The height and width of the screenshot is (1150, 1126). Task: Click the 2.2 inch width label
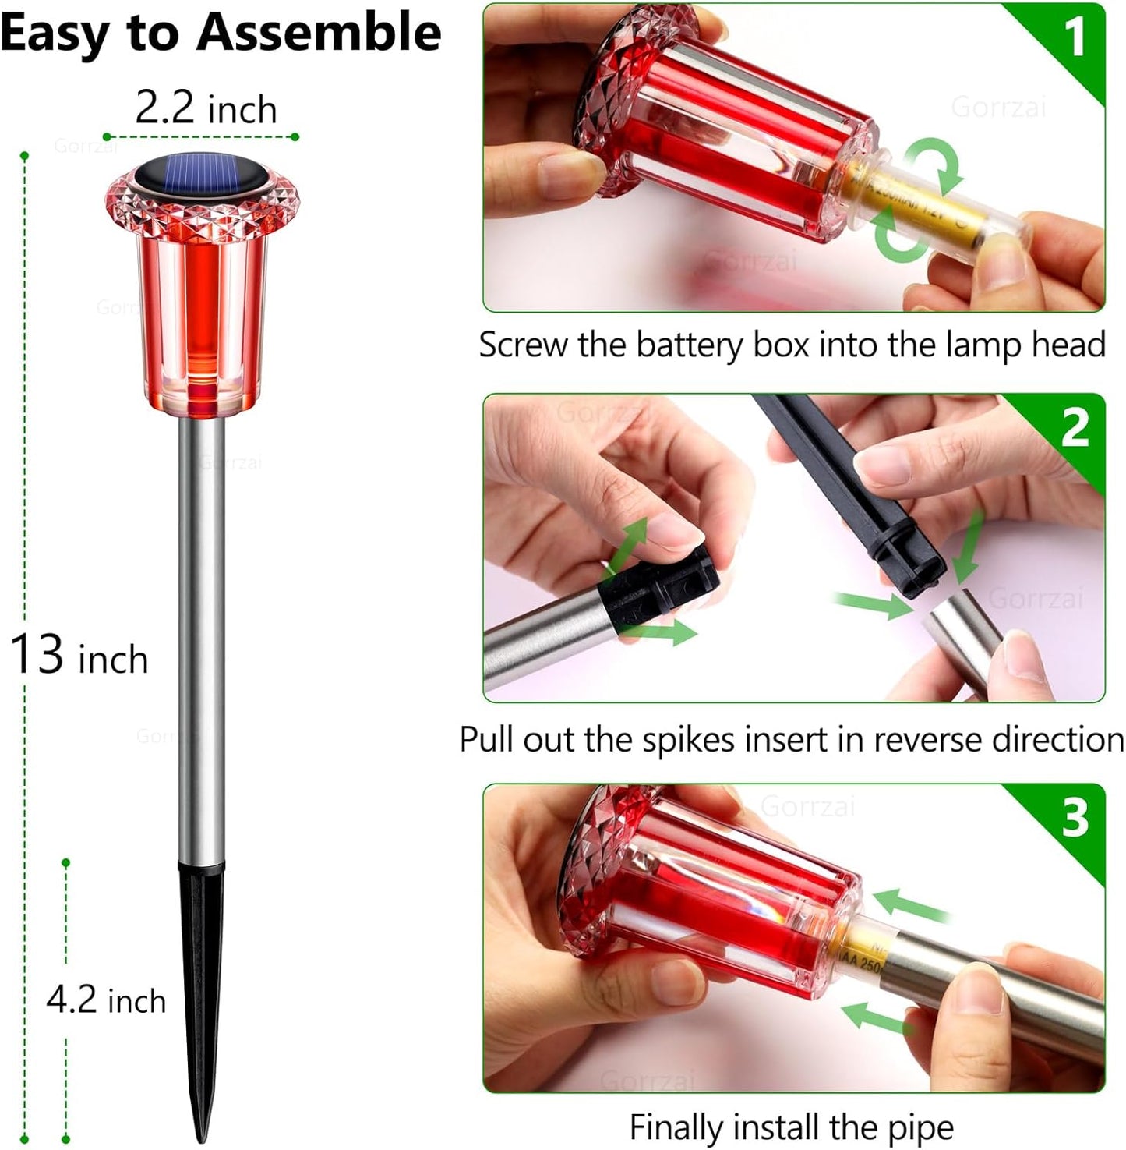pyautogui.click(x=206, y=108)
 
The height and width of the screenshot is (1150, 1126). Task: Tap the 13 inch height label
pyautogui.click(x=79, y=656)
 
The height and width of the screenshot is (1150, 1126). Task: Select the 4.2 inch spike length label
pyautogui.click(x=106, y=1000)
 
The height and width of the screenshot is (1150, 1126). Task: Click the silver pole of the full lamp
pyautogui.click(x=202, y=639)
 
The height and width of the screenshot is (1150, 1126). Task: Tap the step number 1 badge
pyautogui.click(x=1074, y=37)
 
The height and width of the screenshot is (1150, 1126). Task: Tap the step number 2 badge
pyautogui.click(x=1075, y=428)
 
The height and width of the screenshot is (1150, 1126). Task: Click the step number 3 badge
pyautogui.click(x=1075, y=818)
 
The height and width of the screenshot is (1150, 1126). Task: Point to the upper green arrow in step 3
pyautogui.click(x=908, y=907)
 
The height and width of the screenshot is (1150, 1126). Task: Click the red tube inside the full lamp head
pyautogui.click(x=202, y=312)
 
